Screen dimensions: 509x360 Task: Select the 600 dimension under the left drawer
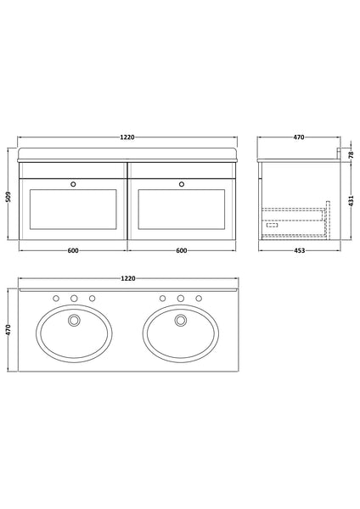73,251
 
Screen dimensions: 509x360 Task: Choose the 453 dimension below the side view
295,251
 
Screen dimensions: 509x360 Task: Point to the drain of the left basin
74,322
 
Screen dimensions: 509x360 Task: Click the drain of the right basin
180,322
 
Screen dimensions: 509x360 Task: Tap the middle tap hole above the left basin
74,299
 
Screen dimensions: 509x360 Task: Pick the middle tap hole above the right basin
180,299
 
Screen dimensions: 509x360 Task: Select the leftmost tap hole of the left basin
55,299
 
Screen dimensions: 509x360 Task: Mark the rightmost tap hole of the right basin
199,299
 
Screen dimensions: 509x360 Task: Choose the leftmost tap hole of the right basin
161,299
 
